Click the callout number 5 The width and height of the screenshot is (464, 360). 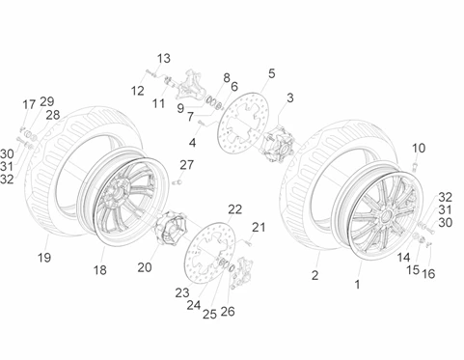[x=272, y=73]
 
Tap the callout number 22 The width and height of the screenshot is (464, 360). [x=234, y=209]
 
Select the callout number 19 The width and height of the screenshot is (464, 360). [x=44, y=258]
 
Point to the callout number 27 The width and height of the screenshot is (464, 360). [x=186, y=165]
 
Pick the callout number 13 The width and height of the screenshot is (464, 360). [x=163, y=59]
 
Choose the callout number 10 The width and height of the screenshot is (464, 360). [x=419, y=148]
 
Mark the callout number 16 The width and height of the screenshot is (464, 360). [x=428, y=274]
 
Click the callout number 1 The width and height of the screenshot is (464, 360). [x=357, y=285]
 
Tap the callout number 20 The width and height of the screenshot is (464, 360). [x=145, y=267]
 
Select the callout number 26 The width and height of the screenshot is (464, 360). [x=228, y=312]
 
